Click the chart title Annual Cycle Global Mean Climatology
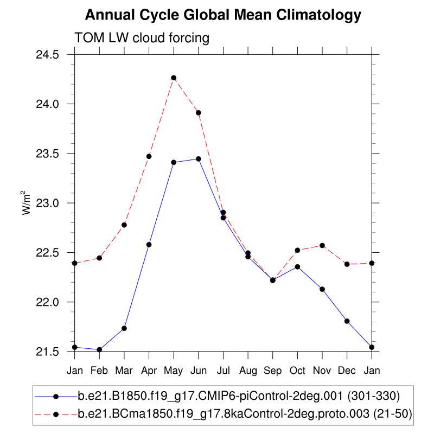223,15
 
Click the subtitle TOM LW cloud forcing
142,38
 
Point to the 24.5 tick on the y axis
48,55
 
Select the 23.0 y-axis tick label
48,203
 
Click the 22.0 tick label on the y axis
48,302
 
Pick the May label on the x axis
174,370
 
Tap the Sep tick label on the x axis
273,370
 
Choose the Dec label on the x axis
347,370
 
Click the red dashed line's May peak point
174,78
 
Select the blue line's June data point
199,159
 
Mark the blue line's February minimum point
99,349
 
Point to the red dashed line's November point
322,245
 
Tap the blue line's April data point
149,245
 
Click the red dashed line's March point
124,225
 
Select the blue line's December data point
347,321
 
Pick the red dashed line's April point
149,156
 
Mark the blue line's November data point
322,289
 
